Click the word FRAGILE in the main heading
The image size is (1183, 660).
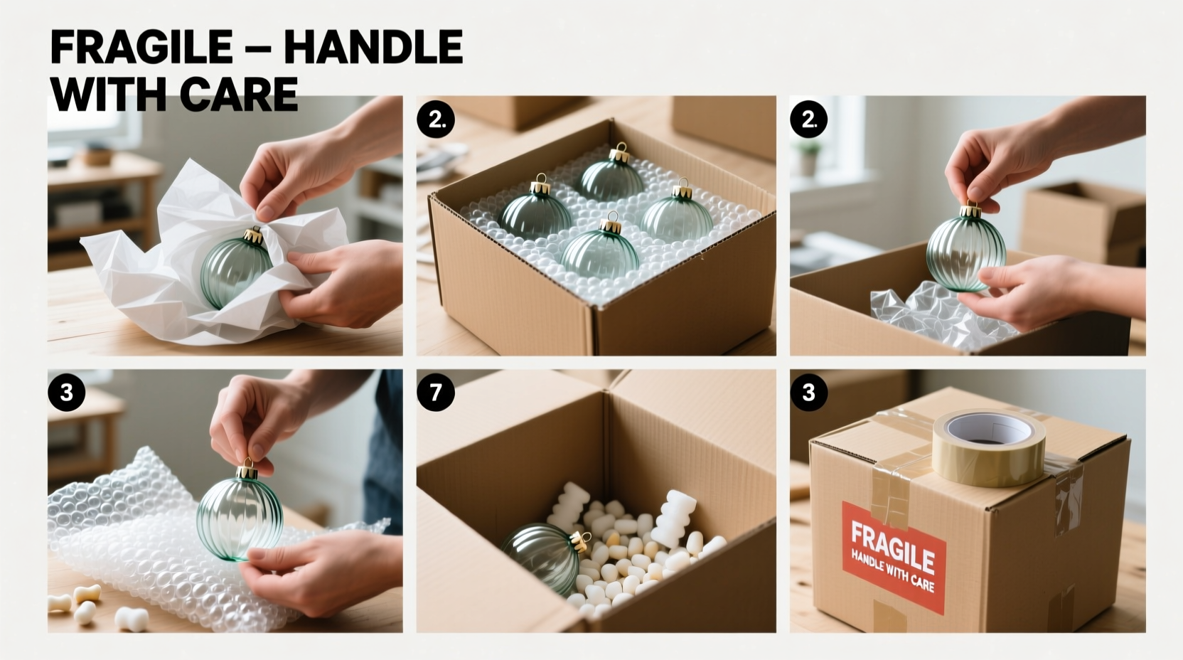click(141, 48)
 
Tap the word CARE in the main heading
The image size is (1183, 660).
click(237, 95)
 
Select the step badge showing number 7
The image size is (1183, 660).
click(435, 393)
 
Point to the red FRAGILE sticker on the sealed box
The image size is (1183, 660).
click(894, 556)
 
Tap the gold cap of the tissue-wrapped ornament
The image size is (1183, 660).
click(254, 236)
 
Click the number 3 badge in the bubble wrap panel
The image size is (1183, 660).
click(67, 393)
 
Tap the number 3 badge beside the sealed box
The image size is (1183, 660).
click(808, 393)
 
